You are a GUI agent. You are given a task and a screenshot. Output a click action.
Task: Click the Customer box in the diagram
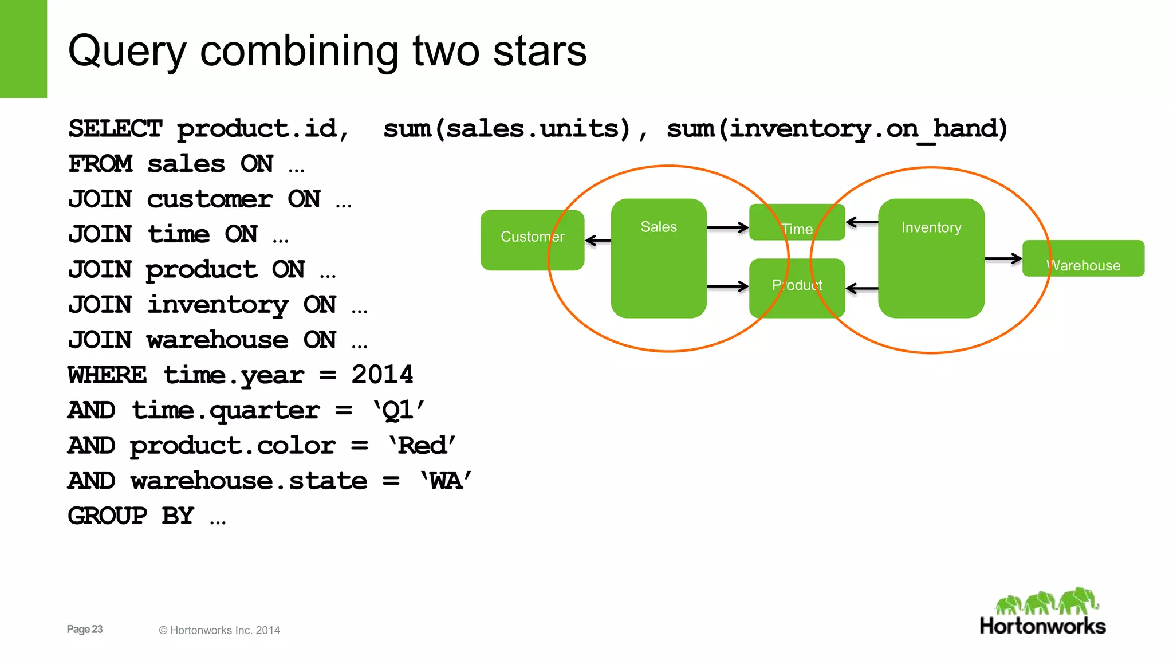click(532, 239)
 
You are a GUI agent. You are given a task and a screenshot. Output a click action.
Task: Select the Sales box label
click(659, 227)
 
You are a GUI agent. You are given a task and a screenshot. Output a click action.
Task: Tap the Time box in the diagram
click(797, 222)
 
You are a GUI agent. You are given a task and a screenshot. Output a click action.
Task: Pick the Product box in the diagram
click(797, 288)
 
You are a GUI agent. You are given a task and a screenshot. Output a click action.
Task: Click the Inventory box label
click(931, 227)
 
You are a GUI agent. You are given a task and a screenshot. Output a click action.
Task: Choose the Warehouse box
click(1083, 259)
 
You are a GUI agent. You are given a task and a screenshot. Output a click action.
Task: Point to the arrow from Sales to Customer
click(598, 241)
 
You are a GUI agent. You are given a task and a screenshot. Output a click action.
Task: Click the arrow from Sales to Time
click(727, 227)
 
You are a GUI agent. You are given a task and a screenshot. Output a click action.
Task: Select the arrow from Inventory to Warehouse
click(1003, 259)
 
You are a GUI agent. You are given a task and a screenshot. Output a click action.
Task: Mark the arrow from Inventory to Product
click(861, 289)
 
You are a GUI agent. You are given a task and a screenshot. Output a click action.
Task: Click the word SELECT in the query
click(115, 128)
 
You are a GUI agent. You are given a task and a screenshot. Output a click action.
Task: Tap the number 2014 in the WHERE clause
click(382, 375)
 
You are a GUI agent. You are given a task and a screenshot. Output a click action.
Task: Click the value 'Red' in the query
click(422, 445)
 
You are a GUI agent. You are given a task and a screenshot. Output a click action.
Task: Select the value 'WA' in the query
click(446, 480)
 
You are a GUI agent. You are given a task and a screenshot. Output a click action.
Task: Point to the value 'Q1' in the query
click(399, 410)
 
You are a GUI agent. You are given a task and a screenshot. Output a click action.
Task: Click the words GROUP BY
click(131, 516)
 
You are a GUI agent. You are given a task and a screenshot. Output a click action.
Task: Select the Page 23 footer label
click(85, 629)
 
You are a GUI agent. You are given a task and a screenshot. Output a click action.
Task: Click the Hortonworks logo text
click(1042, 626)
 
